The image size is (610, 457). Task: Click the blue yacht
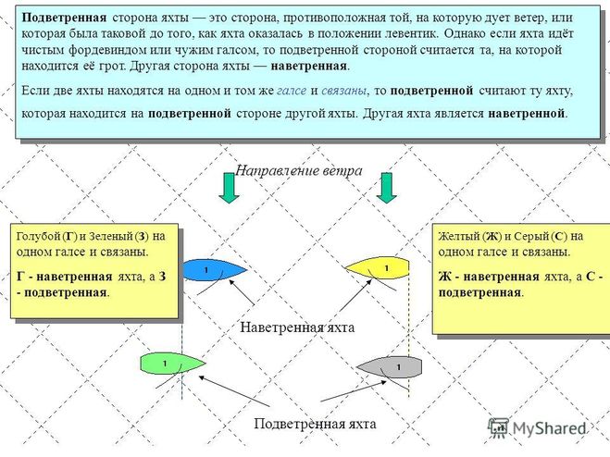[x=213, y=269]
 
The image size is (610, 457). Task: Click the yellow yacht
[x=378, y=268]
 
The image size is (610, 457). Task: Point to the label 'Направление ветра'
[x=298, y=171]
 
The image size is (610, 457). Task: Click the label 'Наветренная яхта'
[x=297, y=327]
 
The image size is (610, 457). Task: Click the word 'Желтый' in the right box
[x=457, y=235]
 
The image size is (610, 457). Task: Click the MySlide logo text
[x=546, y=428]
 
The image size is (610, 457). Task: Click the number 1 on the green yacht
[x=164, y=362]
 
